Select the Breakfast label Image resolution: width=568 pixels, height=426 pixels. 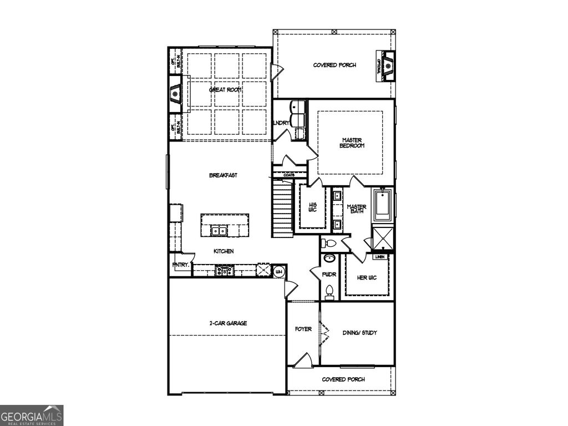224,175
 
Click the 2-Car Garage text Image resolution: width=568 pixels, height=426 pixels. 228,323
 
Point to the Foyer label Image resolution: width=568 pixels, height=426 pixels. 303,329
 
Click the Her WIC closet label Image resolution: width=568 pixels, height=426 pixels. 367,277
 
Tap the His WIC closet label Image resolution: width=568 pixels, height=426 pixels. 312,207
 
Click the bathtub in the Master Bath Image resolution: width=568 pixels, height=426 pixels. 383,206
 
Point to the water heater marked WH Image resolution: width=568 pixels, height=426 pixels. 279,271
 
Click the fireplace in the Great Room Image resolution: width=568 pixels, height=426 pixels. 176,94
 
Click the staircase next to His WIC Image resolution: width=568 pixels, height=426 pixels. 282,210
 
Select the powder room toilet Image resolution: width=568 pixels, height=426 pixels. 329,292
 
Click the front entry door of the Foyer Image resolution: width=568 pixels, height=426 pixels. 303,361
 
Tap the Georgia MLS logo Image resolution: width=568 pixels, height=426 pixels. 32,415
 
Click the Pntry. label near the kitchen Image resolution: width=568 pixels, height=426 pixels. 181,265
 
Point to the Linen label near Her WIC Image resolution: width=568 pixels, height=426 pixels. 380,257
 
